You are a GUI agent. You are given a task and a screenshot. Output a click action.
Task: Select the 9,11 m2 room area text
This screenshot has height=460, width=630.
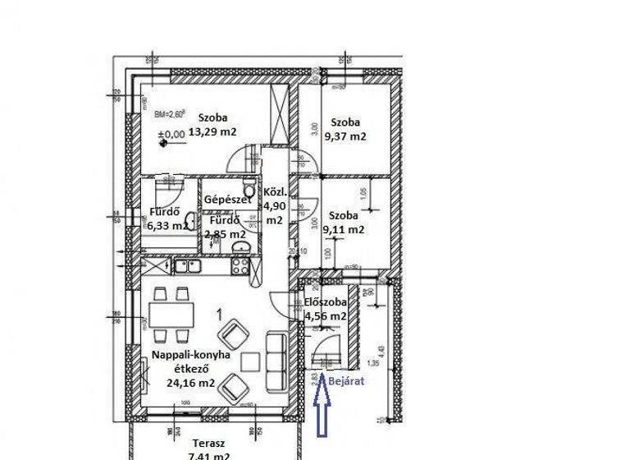click(344, 230)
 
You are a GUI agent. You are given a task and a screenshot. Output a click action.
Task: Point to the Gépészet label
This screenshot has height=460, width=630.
click(227, 200)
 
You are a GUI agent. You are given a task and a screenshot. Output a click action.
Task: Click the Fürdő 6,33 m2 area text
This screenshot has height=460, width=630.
click(167, 224)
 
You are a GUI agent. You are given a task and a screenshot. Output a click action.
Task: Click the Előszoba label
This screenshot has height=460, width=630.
click(325, 301)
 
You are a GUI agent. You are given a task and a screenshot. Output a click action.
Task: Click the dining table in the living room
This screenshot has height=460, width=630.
click(171, 314)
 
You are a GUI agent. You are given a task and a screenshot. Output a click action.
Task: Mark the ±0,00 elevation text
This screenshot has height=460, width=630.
click(175, 134)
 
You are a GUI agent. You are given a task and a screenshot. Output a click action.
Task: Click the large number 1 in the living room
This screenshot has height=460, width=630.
click(219, 313)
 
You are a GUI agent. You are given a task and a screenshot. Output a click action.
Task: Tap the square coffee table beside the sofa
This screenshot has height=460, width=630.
click(251, 359)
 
